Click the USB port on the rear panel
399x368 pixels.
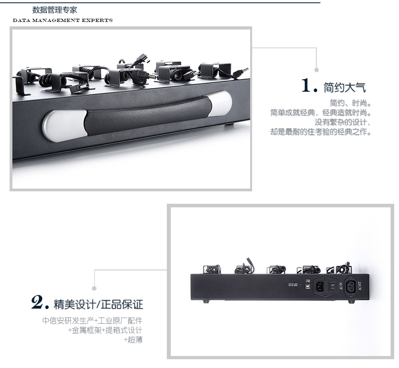coord(308,286)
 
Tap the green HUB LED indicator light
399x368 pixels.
coord(300,285)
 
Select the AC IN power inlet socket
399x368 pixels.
coord(320,287)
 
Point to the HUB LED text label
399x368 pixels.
coord(293,285)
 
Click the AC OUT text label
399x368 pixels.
coord(359,286)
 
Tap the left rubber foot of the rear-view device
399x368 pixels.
coord(206,301)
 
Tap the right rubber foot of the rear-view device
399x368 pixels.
coord(351,301)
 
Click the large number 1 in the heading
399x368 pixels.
coord(306,85)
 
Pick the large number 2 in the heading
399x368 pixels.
coord(37,302)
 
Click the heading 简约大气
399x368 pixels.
coord(345,87)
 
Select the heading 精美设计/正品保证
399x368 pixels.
coord(98,304)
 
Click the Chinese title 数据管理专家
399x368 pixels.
coord(55,10)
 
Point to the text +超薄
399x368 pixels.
coord(133,340)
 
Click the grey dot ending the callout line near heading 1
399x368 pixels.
coord(316,70)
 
